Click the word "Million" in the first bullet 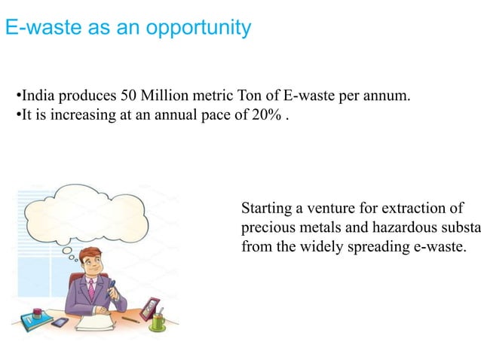point(157,96)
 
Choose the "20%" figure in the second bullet point(271,115)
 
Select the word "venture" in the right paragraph point(328,208)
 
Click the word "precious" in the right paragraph point(265,227)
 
